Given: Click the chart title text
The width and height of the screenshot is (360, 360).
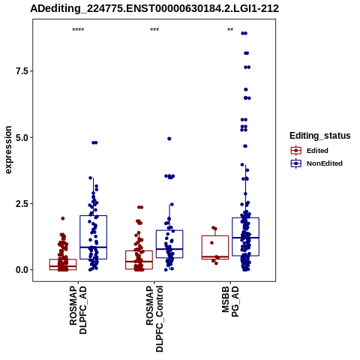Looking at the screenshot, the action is pos(154,9).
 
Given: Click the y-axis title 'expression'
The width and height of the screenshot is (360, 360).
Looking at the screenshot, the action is pos(8,150).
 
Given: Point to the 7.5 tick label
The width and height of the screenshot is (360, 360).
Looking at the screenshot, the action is pos(21,71).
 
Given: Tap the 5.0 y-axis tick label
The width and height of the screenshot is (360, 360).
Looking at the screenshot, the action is pos(21,137).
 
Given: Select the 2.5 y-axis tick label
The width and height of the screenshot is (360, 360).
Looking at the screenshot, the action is pos(21,204).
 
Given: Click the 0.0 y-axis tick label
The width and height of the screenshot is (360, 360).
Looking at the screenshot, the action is pos(21,270).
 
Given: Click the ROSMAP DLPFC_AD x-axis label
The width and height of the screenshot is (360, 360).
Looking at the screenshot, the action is pos(78,310).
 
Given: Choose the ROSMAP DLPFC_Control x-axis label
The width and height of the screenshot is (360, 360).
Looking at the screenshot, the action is pos(154,319).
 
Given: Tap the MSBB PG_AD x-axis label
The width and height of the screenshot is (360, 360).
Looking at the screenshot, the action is pos(230,301).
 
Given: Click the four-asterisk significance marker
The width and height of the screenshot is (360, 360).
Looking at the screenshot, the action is pos(78,30).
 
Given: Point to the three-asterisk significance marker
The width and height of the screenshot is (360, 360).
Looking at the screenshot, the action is pos(154,30).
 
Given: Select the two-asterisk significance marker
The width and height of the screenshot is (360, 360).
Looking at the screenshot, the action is pos(230,30).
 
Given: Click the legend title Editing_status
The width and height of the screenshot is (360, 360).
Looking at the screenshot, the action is pos(319,136).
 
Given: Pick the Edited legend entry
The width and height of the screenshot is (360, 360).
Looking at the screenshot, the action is pos(317,151).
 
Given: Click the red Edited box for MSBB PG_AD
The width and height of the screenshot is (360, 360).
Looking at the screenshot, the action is pos(215,247).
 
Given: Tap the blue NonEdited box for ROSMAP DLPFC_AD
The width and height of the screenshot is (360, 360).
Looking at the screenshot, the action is pos(94,237).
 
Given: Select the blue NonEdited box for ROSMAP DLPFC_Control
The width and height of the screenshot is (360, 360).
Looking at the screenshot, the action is pos(169,244).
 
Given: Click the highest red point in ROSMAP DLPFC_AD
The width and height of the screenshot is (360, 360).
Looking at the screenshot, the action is pos(63,218).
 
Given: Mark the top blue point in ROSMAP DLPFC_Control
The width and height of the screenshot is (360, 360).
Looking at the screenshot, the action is pos(169,139).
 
